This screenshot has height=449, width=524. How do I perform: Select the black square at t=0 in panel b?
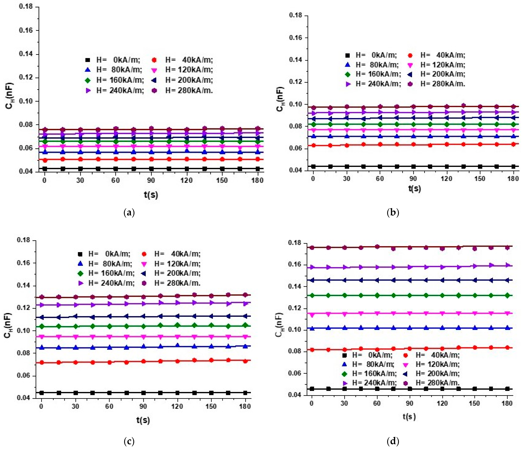coord(313,166)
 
